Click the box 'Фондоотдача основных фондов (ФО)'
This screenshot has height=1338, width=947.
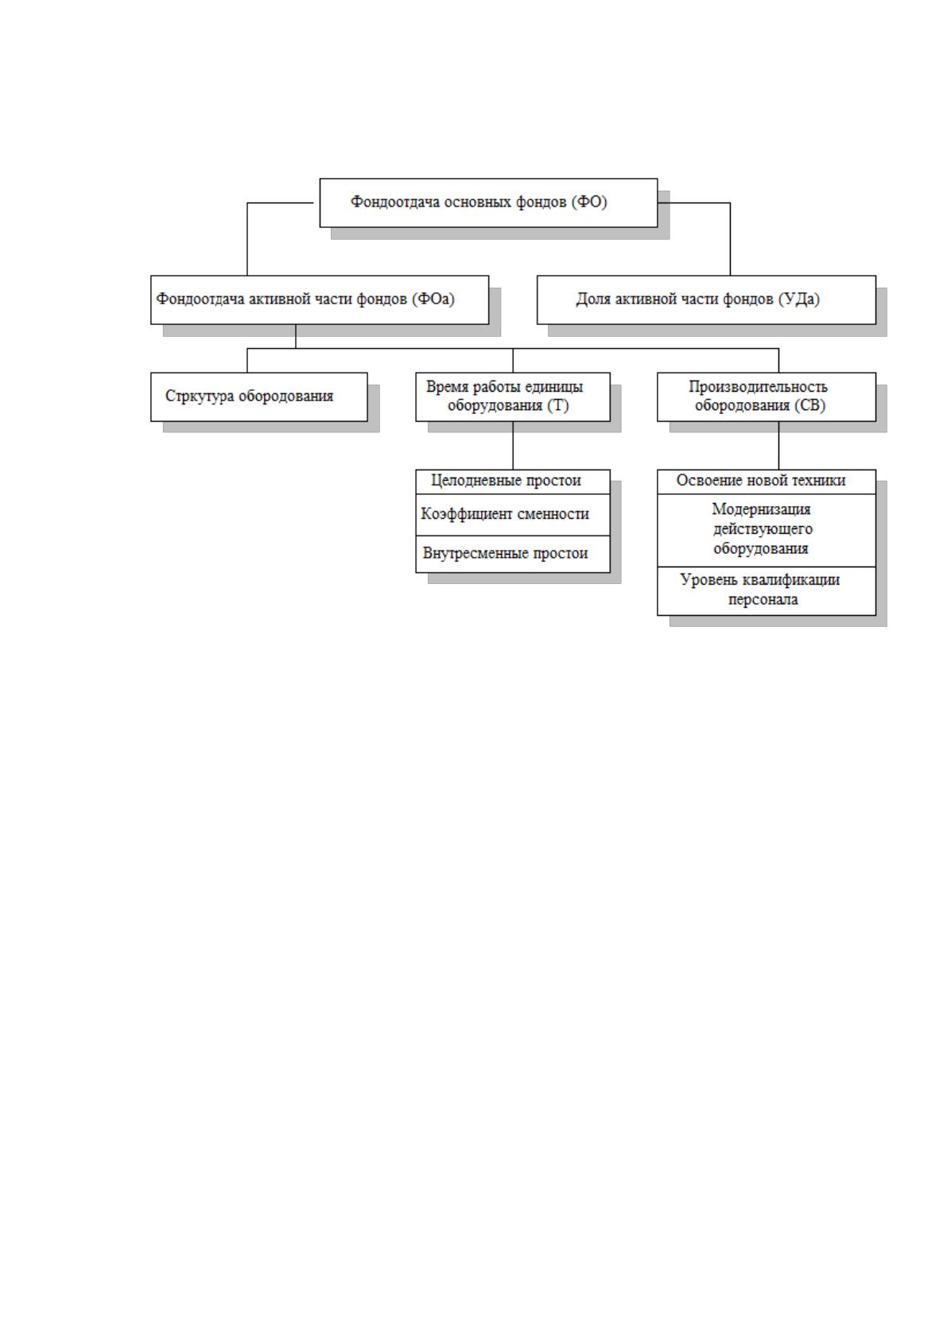[488, 203]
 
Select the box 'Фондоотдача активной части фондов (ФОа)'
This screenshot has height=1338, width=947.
[320, 300]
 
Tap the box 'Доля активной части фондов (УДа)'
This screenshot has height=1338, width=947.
[706, 300]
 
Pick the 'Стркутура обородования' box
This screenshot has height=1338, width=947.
[259, 397]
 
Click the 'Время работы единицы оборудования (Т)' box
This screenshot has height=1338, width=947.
[513, 397]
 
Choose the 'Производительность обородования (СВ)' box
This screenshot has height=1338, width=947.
[767, 397]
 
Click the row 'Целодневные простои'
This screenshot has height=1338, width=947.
[513, 481]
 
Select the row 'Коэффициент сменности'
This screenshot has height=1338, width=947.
[513, 514]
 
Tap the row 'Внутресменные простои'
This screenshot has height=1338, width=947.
[513, 554]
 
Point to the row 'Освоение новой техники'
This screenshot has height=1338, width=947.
[767, 481]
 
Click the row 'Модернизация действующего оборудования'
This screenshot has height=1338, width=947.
[767, 530]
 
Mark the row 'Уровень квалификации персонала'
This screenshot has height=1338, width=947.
[767, 591]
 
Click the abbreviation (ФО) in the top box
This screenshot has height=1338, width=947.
[589, 202]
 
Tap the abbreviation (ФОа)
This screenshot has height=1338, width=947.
[433, 299]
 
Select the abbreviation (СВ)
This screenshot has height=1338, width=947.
[810, 405]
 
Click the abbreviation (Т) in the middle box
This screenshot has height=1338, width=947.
[558, 405]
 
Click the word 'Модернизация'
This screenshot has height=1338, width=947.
[761, 509]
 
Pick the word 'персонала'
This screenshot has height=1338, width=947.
[763, 600]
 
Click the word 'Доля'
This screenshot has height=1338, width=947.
[594, 299]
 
